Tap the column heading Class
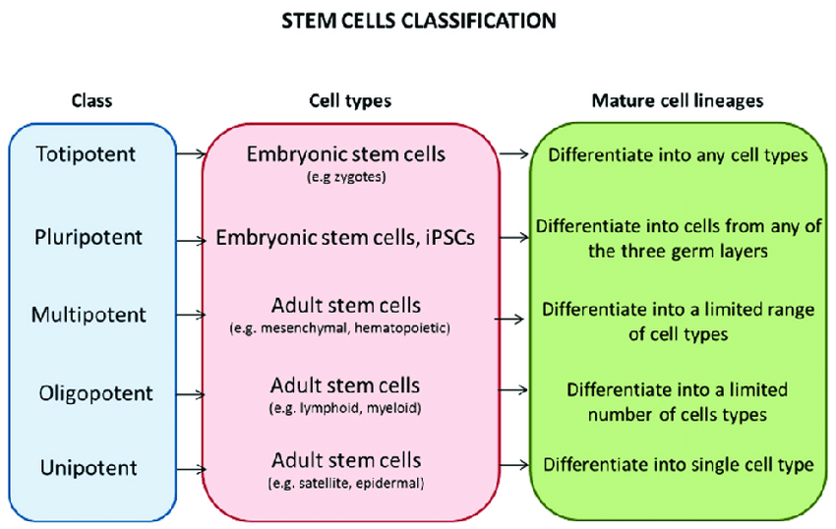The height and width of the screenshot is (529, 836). [x=92, y=100]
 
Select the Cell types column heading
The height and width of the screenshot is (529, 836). [x=350, y=100]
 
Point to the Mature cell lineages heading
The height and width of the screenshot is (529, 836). [x=677, y=100]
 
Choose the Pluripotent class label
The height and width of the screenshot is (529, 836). [x=90, y=237]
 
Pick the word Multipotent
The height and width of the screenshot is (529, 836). [x=89, y=315]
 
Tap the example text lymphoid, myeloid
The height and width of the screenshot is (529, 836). [x=351, y=406]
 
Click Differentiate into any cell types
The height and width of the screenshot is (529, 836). [x=679, y=154]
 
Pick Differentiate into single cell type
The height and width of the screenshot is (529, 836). [x=679, y=464]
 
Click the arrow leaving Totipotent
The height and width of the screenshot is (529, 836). [x=190, y=153]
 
